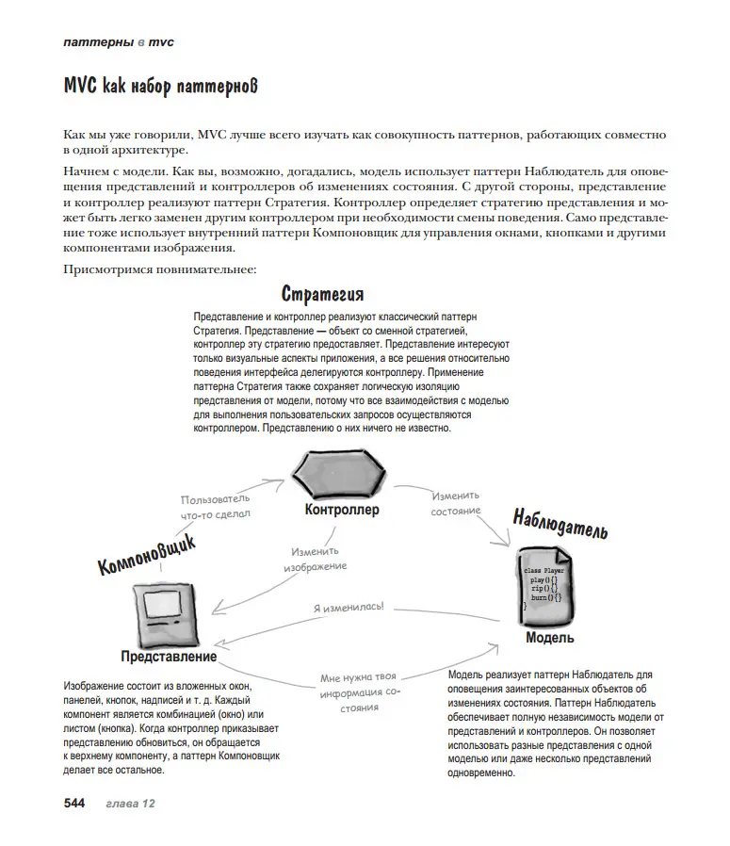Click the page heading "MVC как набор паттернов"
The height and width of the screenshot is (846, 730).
(160, 87)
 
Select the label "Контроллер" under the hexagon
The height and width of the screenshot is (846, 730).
(341, 510)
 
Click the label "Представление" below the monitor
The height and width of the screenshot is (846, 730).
(169, 656)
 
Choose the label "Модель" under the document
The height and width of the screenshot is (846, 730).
(549, 638)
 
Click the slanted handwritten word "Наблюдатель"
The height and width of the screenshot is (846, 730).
(560, 525)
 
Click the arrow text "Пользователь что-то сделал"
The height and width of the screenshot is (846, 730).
(216, 506)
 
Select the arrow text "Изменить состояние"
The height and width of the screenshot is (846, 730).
(456, 502)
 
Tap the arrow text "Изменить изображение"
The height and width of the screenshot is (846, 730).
(316, 559)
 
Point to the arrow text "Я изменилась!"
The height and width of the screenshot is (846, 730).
(349, 608)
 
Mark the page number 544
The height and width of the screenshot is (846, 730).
(74, 803)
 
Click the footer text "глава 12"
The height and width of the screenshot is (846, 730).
(130, 803)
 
